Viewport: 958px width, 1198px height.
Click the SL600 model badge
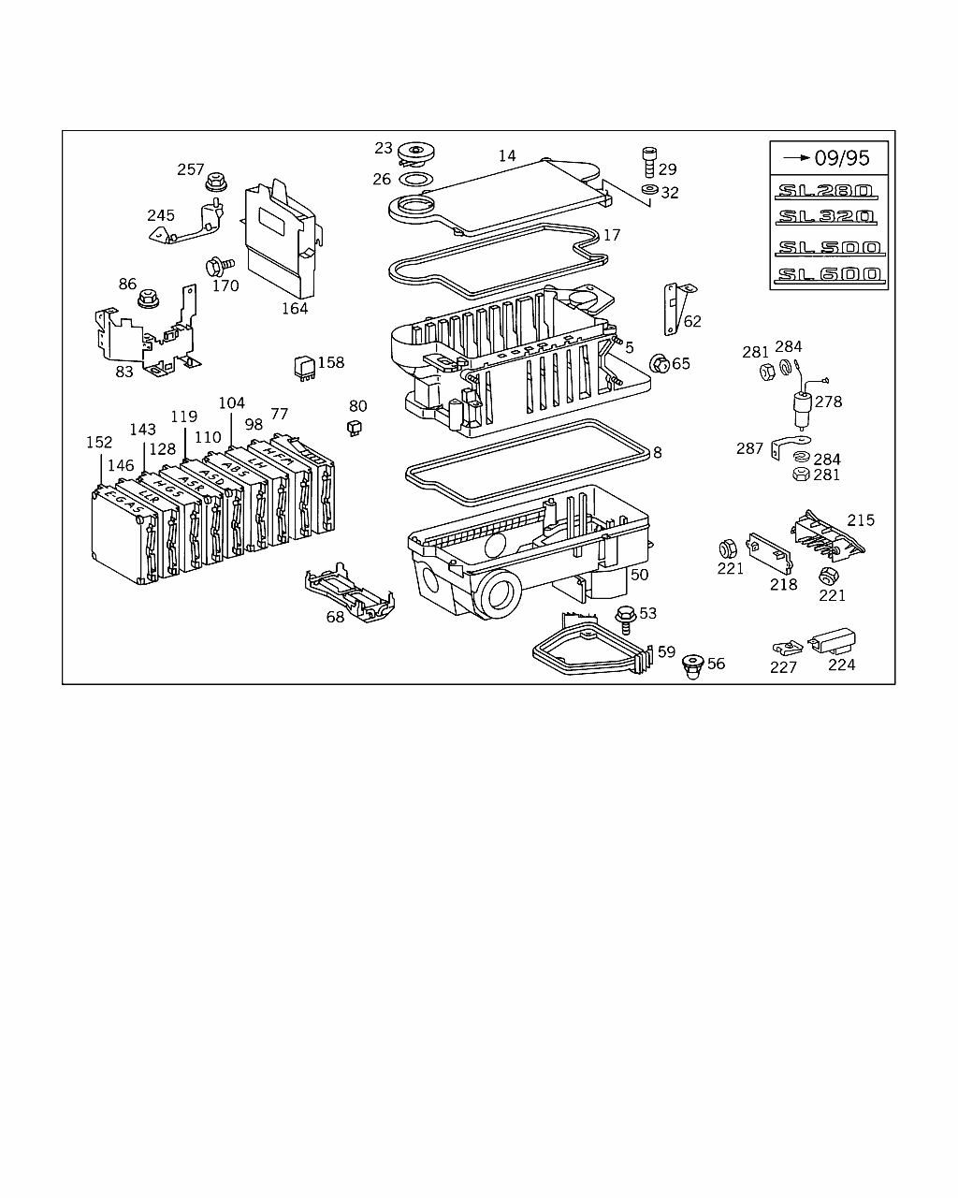tap(828, 274)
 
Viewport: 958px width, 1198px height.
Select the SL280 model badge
tap(823, 191)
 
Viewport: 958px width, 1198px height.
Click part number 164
tap(295, 308)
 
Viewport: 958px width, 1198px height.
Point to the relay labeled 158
tap(303, 365)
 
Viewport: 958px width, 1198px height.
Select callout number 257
tap(191, 169)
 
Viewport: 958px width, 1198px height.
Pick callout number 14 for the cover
tap(507, 156)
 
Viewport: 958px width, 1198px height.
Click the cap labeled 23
tap(415, 152)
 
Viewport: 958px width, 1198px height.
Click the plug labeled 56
tap(693, 665)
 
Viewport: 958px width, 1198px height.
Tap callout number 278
tap(828, 402)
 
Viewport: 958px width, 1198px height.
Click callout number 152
tap(99, 442)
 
